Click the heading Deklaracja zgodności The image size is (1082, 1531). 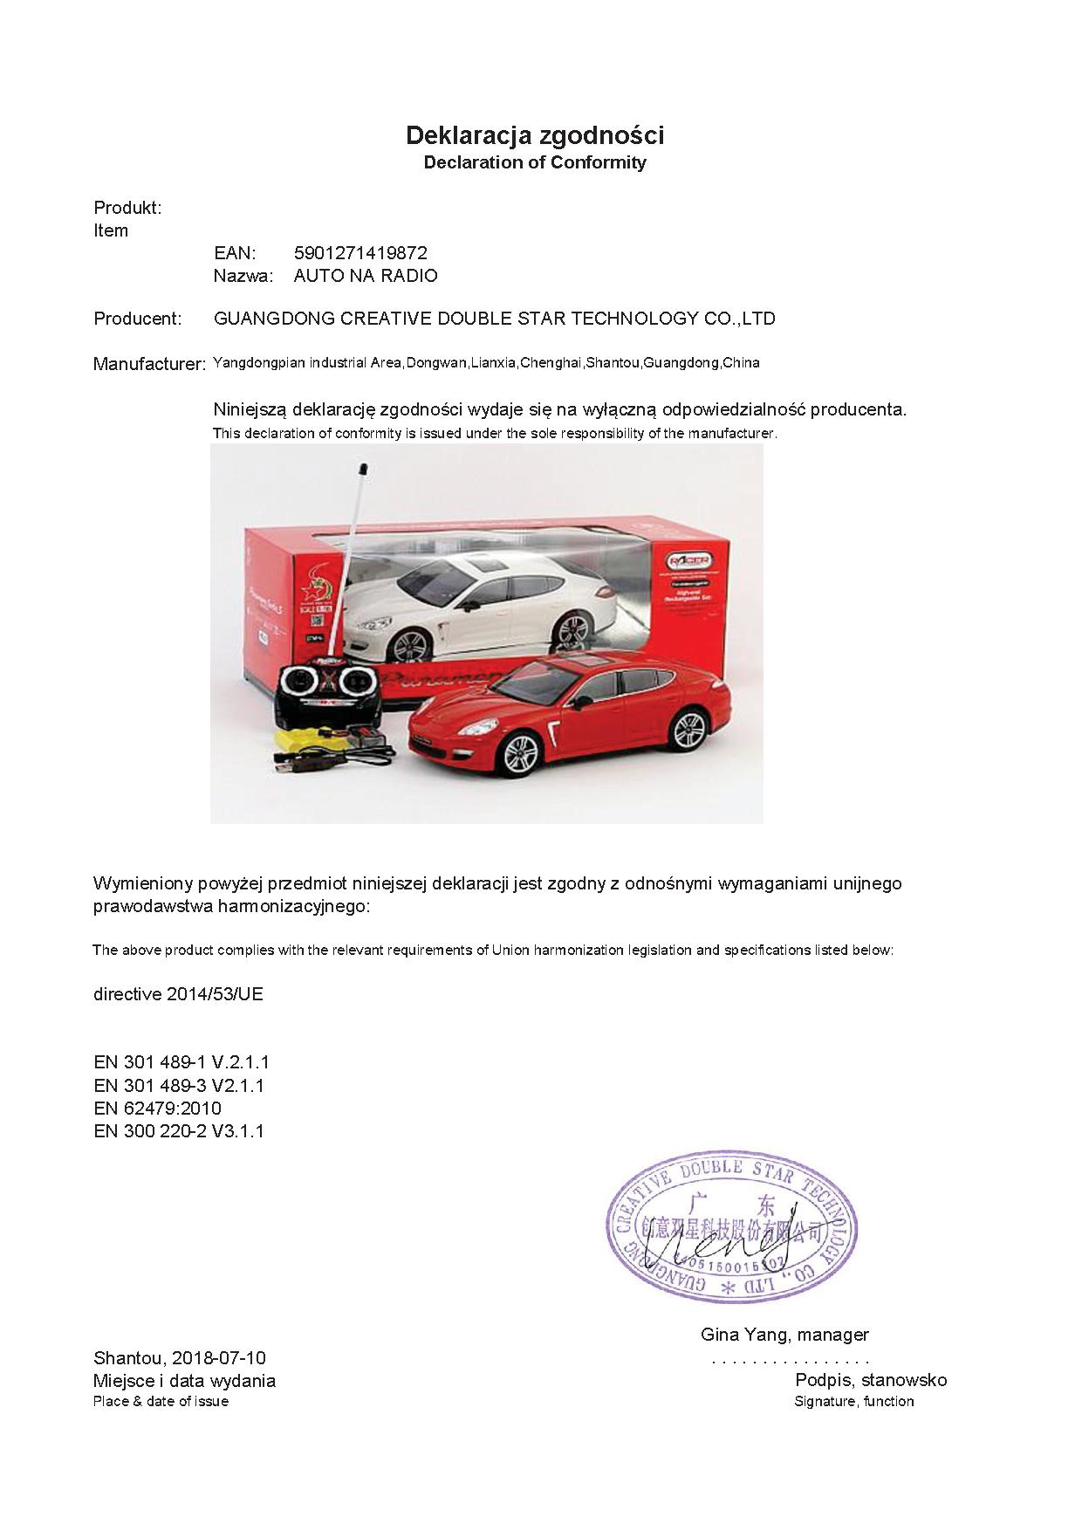[534, 135]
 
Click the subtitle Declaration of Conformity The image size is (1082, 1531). [534, 162]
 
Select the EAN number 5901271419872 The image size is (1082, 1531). [360, 253]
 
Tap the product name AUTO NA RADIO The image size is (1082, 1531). [366, 276]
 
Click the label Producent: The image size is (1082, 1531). [137, 319]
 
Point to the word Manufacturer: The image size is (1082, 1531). [149, 364]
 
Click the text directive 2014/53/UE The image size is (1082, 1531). [178, 994]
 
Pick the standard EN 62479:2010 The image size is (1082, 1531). [157, 1109]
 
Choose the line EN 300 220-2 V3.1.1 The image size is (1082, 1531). [178, 1131]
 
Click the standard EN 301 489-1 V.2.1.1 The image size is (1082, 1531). [181, 1062]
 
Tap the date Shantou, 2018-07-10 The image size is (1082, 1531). [179, 1358]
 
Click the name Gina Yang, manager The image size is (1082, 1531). [784, 1335]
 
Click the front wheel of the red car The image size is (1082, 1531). [520, 752]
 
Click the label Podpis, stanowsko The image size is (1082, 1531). [870, 1381]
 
